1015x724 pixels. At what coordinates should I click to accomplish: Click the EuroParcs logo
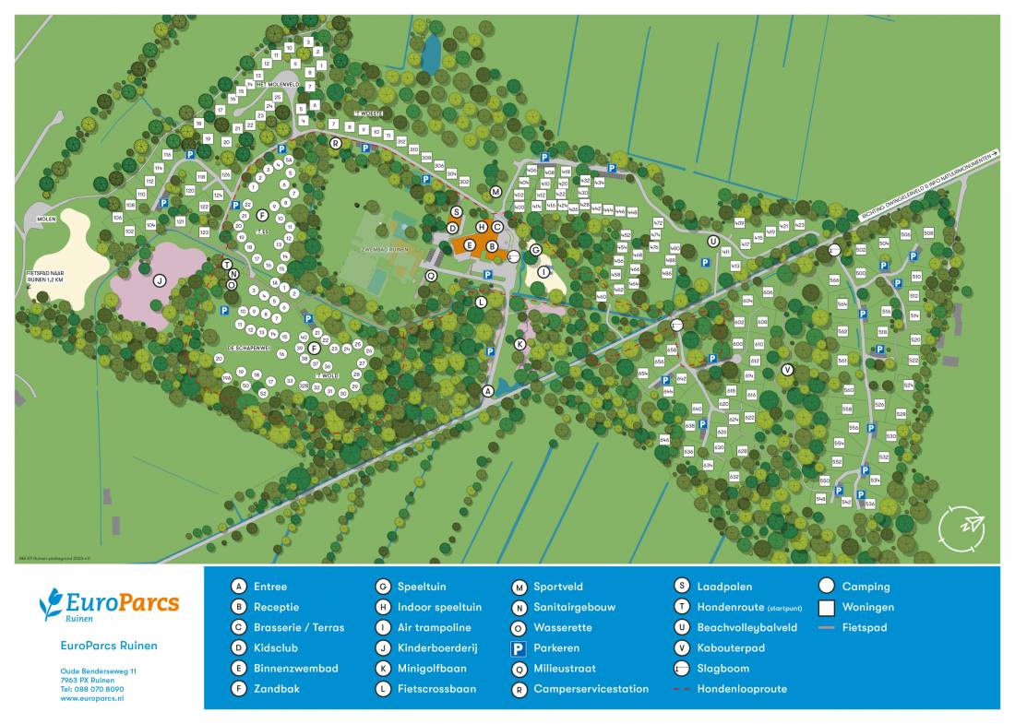109,605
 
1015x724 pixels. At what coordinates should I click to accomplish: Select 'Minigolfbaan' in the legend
432,669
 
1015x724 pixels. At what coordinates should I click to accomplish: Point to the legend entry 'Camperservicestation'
591,689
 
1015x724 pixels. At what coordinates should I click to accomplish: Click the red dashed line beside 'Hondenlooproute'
682,689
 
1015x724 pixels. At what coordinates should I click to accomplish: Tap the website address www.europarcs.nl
92,699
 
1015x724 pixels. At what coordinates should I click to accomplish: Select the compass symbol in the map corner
961,526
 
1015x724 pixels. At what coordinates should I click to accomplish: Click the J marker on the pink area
159,281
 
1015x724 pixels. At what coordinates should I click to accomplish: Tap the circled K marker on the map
519,344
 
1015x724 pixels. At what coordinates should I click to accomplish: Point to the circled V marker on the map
787,370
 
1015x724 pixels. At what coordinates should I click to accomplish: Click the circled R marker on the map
336,143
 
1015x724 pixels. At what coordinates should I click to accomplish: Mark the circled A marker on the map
488,391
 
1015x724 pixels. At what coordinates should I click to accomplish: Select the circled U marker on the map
712,241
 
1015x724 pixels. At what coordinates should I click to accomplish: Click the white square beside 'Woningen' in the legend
827,608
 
